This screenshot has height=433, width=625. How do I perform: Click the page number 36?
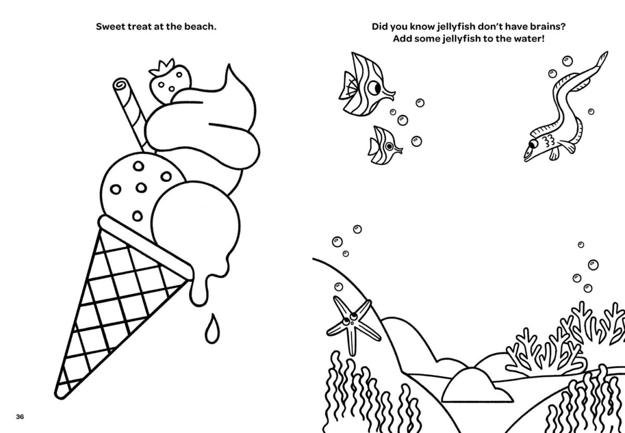(20, 416)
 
